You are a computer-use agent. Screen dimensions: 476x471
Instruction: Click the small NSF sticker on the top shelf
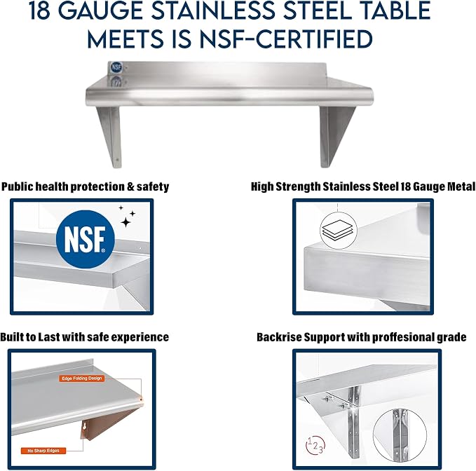coord(116,67)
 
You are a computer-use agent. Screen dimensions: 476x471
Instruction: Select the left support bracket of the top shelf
coord(110,137)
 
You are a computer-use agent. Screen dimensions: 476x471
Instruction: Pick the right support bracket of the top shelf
coord(336,137)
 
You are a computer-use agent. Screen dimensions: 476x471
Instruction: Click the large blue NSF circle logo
coord(86,240)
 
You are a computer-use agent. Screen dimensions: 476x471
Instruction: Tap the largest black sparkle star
coord(125,222)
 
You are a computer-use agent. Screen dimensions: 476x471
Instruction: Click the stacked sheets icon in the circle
coord(338,231)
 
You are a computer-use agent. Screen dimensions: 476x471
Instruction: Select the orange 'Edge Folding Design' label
coord(81,378)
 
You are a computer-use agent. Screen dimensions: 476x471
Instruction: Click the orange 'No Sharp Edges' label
coord(43,451)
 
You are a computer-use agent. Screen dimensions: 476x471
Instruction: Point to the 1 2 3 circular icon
coord(315,446)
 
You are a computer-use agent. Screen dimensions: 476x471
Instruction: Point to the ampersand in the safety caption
coord(130,186)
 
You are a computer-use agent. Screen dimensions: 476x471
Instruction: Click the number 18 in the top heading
coord(39,11)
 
